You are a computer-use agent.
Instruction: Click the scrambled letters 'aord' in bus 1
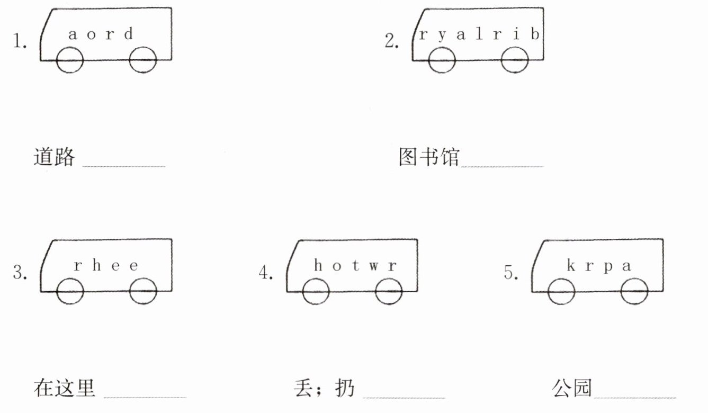[x=101, y=35]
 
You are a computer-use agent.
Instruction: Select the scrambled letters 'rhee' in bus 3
[x=106, y=265]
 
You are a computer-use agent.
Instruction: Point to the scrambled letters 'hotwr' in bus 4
[x=354, y=265]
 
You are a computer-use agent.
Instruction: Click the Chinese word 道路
[x=55, y=157]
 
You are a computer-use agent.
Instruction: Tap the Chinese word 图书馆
[x=428, y=157]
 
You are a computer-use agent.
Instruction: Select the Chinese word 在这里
[x=65, y=388]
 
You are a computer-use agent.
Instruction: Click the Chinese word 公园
[x=571, y=388]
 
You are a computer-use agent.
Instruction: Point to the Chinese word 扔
[x=345, y=388]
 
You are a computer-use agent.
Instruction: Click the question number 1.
[x=20, y=41]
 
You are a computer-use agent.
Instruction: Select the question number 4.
[x=265, y=273]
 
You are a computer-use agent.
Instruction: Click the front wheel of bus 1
[x=70, y=60]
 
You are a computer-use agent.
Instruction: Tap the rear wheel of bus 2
[x=515, y=60]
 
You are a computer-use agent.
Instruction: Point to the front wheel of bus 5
[x=561, y=291]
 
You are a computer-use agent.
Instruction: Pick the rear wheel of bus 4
[x=389, y=291]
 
